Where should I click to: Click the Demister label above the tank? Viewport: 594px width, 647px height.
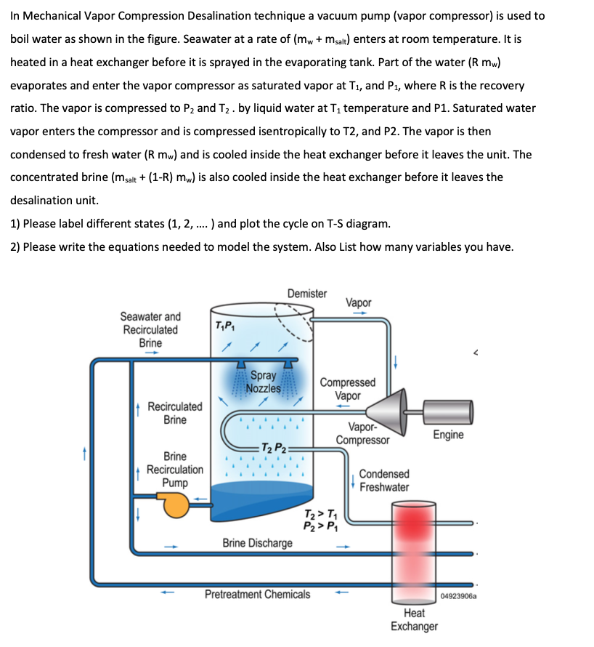(x=306, y=293)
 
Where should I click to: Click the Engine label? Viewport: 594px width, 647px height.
(x=448, y=435)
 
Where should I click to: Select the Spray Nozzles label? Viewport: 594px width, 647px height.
(x=263, y=382)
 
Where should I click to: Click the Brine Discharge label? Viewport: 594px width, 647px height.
(x=257, y=543)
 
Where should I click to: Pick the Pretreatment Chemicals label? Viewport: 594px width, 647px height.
(x=257, y=594)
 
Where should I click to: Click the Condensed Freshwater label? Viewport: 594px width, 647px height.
(x=384, y=481)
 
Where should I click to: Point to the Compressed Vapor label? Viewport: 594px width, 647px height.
(x=348, y=389)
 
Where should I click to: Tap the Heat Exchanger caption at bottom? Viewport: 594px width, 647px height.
(x=414, y=619)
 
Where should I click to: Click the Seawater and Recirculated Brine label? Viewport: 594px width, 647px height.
(x=150, y=329)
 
